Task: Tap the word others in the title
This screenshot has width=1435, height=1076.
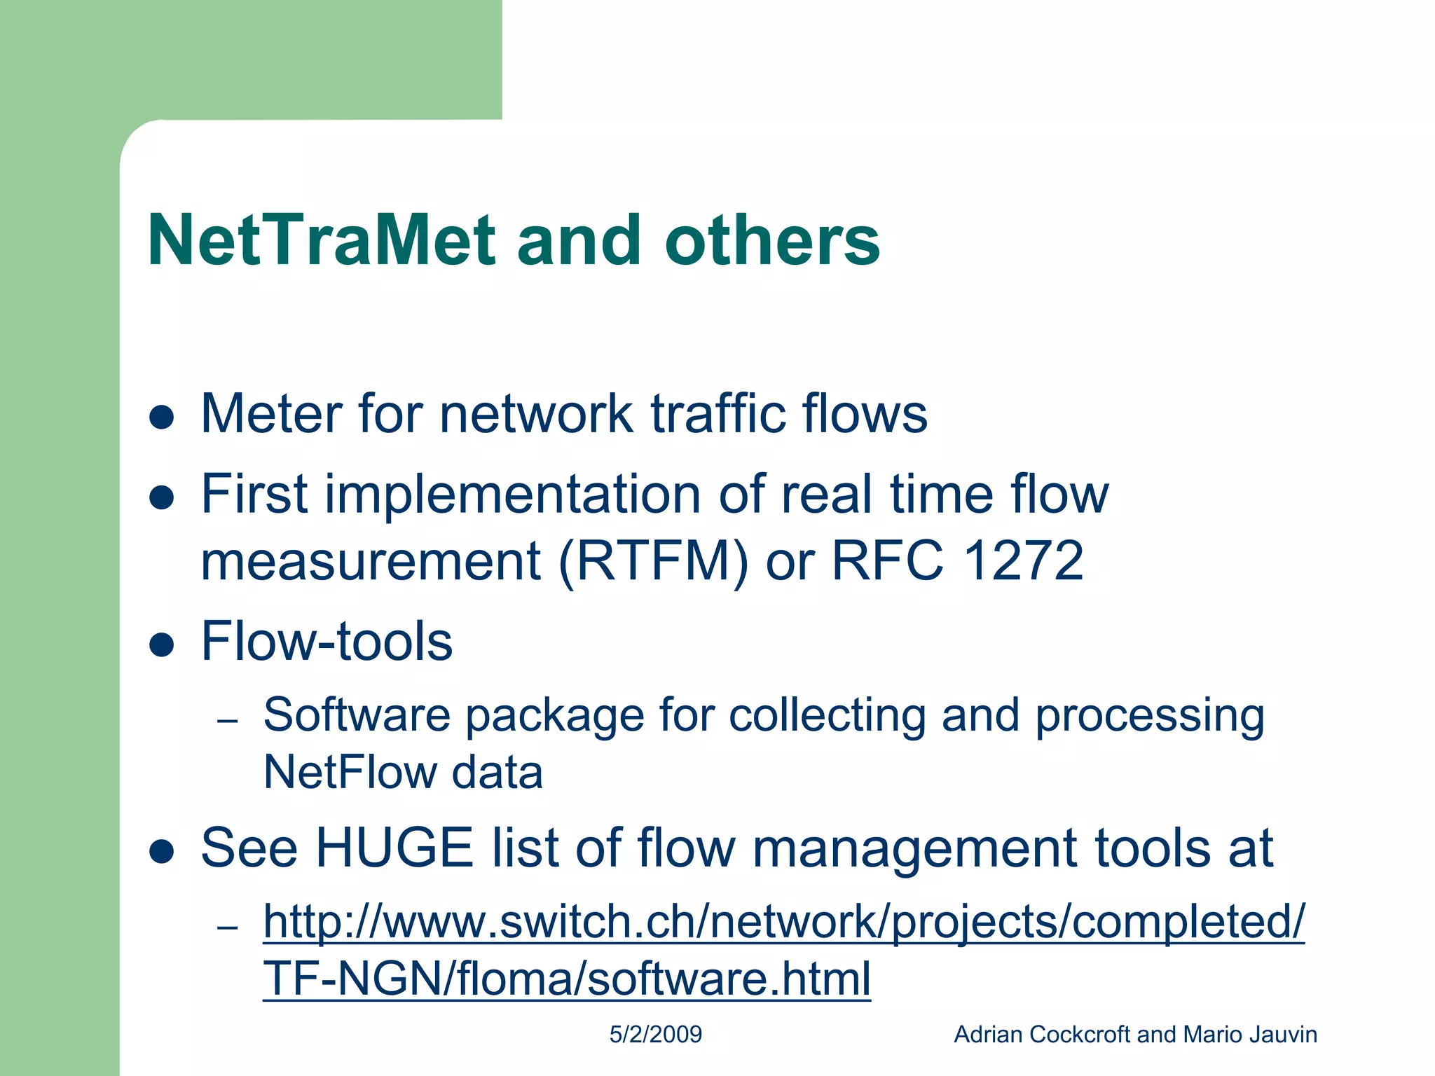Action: (771, 240)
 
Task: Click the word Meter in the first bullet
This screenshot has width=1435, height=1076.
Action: (270, 413)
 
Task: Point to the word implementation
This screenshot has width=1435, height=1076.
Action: (512, 495)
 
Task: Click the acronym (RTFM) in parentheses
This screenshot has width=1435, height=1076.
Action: (653, 561)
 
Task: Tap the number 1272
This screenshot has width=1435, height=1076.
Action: (1024, 561)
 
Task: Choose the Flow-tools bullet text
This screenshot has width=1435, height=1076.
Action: (327, 641)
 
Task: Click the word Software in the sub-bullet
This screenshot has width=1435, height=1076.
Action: (356, 715)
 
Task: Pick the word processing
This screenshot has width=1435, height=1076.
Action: (1150, 717)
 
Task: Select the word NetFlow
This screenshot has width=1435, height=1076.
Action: (348, 773)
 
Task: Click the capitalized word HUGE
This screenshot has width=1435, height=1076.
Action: (394, 848)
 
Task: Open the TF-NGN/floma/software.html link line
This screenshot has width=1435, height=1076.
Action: (566, 979)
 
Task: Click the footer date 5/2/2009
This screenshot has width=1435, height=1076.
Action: (655, 1035)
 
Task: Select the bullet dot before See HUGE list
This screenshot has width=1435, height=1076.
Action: (162, 851)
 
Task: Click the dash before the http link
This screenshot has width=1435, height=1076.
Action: (228, 928)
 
